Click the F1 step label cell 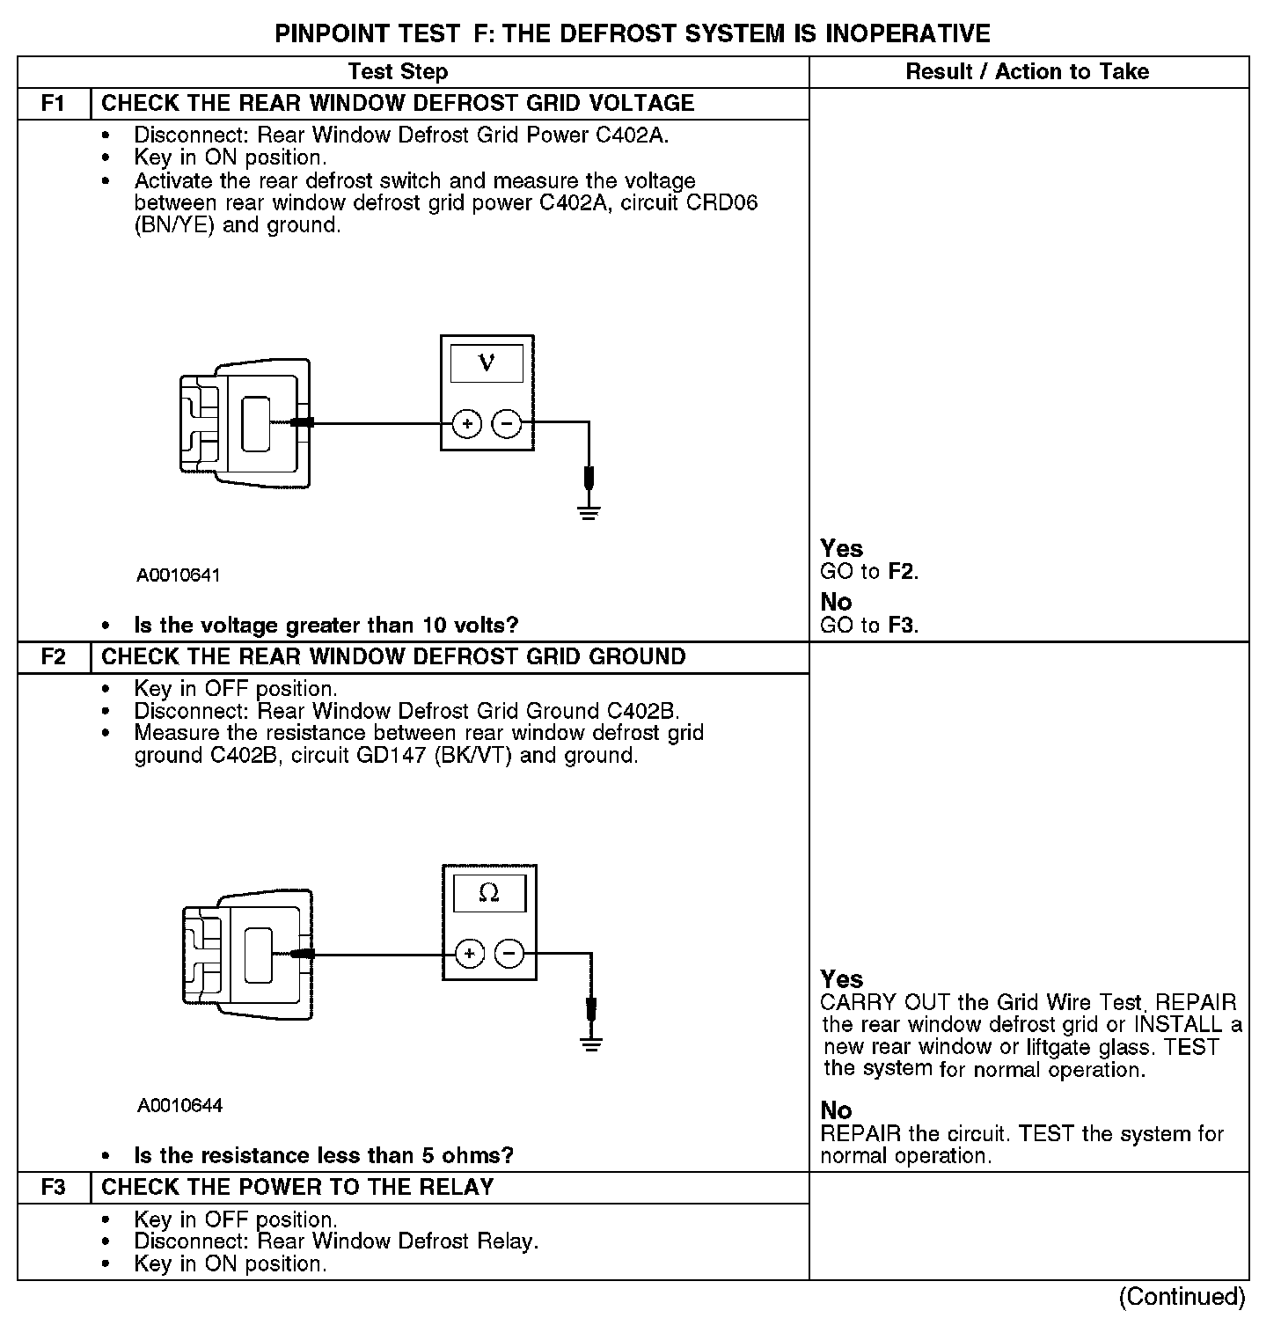click(54, 104)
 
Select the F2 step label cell click(54, 657)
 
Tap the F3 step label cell click(54, 1188)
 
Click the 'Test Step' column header click(398, 72)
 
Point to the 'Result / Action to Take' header click(1028, 72)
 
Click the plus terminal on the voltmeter click(467, 424)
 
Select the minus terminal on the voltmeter click(506, 424)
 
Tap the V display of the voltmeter click(487, 362)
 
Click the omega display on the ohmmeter click(489, 894)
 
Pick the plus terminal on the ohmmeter click(470, 954)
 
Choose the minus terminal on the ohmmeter click(509, 954)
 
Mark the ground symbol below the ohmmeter click(591, 1043)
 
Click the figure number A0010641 click(179, 575)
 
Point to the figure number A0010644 click(179, 1106)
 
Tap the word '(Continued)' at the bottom click(1182, 1297)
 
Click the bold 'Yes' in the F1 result click(841, 549)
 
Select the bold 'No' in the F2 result click(836, 1110)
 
